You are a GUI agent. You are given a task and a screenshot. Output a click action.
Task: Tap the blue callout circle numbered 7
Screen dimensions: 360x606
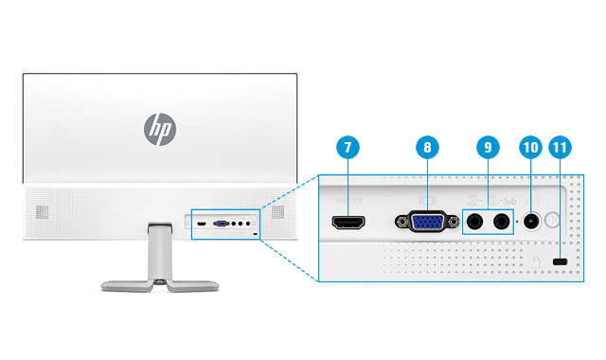pos(348,148)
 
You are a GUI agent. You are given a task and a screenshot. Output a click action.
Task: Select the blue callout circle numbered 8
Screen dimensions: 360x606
pos(427,148)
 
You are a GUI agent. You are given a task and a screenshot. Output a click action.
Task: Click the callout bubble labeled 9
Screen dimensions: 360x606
pos(488,148)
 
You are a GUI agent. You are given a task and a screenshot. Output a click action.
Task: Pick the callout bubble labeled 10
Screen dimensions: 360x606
pos(529,148)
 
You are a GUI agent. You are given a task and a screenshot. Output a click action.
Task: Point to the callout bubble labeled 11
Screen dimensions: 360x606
pos(560,148)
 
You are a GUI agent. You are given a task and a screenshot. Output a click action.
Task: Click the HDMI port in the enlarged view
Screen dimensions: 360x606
pos(348,224)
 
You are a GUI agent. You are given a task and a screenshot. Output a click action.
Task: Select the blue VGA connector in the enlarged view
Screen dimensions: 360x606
pos(427,224)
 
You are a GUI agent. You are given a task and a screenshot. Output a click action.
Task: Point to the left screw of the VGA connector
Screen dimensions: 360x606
pos(401,224)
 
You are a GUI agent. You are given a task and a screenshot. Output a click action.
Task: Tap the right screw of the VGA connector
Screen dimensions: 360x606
pos(453,224)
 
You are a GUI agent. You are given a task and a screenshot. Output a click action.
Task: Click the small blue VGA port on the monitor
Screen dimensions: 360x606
pos(220,225)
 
